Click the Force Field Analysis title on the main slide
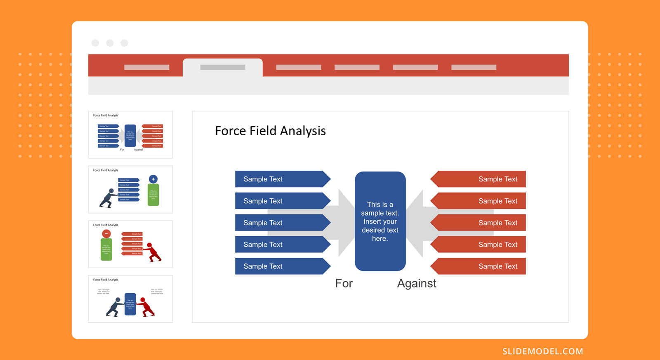[270, 131]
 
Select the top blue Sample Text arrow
[280, 179]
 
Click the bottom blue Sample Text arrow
[280, 266]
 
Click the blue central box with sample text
[380, 221]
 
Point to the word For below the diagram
[344, 283]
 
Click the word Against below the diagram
[416, 283]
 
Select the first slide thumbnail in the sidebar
[130, 134]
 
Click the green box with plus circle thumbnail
[153, 194]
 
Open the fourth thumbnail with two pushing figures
[130, 299]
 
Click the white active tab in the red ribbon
[223, 67]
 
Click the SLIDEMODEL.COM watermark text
[542, 351]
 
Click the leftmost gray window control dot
[95, 43]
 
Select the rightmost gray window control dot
[124, 43]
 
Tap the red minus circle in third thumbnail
[106, 234]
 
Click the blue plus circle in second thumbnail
[153, 179]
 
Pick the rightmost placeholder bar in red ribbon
[474, 67]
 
